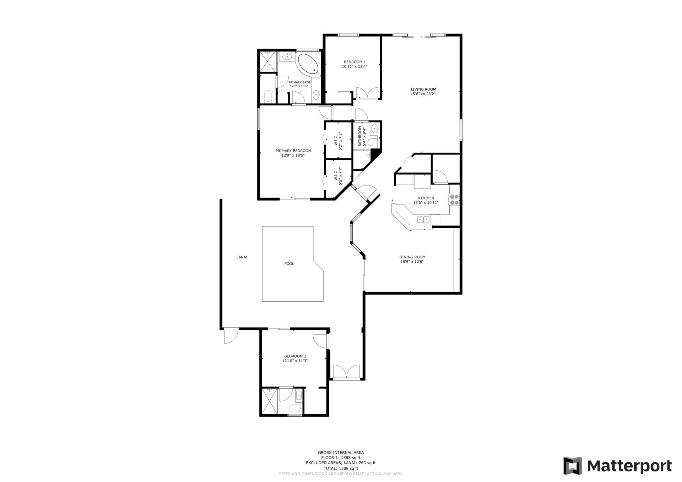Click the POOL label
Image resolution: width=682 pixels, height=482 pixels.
point(289,264)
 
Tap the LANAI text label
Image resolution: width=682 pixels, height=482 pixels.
point(242,257)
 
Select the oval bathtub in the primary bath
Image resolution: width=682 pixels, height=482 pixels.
point(309,64)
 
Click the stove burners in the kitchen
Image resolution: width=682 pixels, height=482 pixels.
point(454,199)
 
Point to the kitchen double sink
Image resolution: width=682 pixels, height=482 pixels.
point(423,220)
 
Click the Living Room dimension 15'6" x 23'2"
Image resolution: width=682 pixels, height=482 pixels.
point(423,94)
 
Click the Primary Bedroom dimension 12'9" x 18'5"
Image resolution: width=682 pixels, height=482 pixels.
point(293,155)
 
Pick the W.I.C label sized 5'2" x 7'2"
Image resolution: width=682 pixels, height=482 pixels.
point(338,141)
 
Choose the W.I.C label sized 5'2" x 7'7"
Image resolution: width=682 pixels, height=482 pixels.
point(338,176)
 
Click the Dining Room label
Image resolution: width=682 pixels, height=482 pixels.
point(412,257)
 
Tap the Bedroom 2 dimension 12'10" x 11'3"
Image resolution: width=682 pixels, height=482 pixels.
point(295,361)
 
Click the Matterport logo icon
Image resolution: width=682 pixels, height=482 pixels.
point(572,466)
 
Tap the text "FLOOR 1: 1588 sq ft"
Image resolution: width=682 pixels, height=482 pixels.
point(341,458)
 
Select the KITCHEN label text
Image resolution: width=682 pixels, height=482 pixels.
point(426,198)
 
